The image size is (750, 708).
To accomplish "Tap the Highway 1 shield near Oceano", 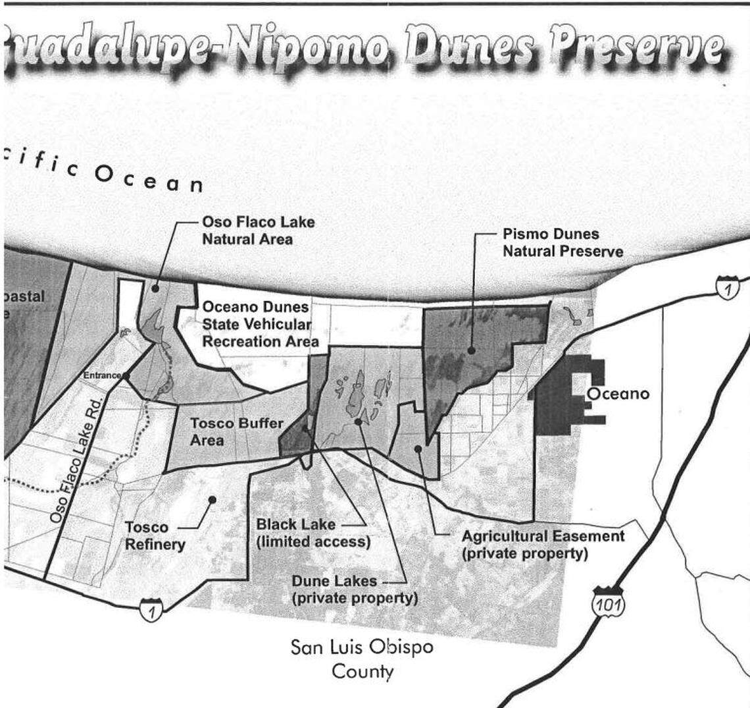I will (728, 288).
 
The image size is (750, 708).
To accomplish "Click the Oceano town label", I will (617, 394).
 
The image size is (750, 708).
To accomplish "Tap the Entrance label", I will (102, 375).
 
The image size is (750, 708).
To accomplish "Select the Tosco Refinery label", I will (155, 535).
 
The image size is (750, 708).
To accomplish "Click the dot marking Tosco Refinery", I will (212, 500).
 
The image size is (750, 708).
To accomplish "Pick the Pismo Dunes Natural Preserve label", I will (562, 242).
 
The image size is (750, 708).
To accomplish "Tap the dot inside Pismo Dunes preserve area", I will (472, 351).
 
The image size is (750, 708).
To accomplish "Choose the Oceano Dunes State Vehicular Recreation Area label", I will (260, 324).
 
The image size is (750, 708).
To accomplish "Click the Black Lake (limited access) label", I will (313, 533).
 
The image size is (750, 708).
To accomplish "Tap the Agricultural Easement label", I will (542, 544).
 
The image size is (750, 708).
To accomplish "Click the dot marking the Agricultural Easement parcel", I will (418, 449).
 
